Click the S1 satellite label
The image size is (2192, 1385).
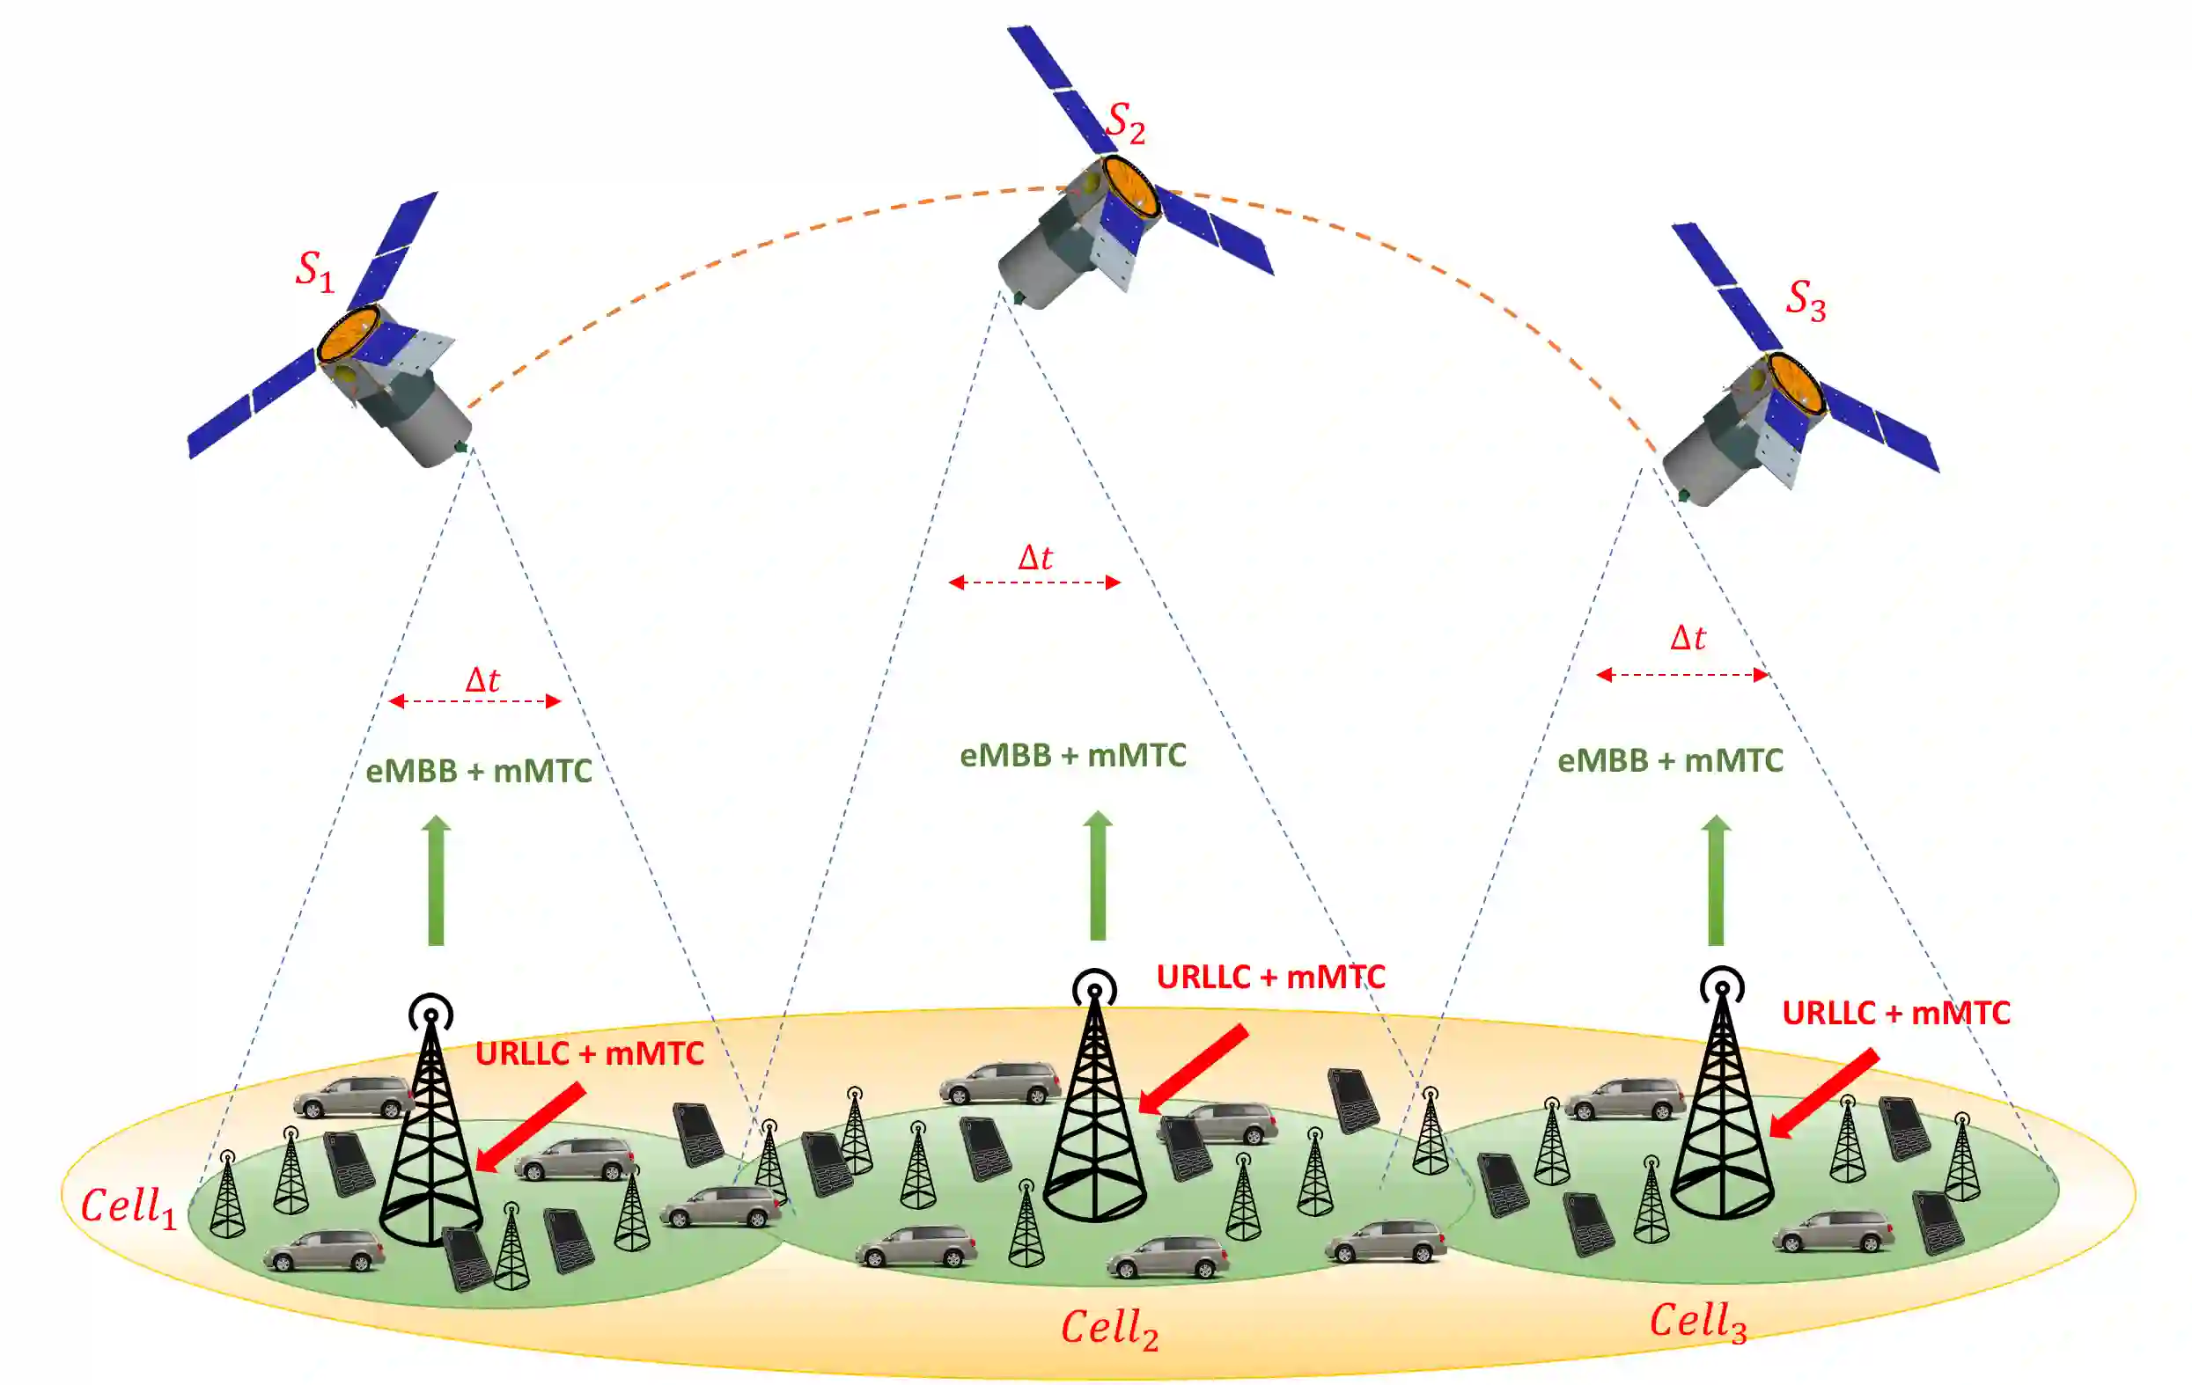pyautogui.click(x=315, y=271)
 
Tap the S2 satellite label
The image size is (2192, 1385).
pyautogui.click(x=1125, y=123)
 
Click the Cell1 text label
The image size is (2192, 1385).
pyautogui.click(x=129, y=1207)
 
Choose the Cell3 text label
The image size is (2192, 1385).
pyautogui.click(x=1698, y=1323)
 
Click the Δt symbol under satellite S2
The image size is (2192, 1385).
pyautogui.click(x=1035, y=558)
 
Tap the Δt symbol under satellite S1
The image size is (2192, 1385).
pyautogui.click(x=482, y=680)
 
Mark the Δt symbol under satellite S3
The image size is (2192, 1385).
pyautogui.click(x=1688, y=638)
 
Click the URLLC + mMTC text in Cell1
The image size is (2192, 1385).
pyautogui.click(x=590, y=1054)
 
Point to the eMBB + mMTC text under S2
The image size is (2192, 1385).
pyautogui.click(x=1073, y=755)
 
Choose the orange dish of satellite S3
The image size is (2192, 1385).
pyautogui.click(x=1796, y=382)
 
